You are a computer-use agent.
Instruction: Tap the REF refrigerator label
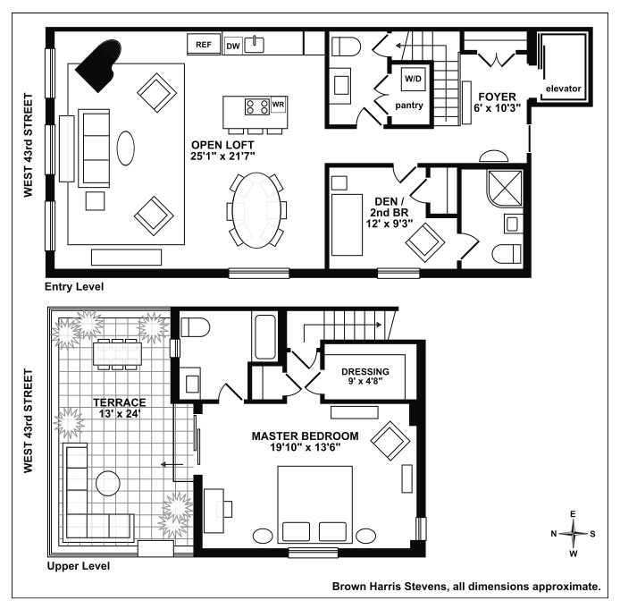(x=203, y=44)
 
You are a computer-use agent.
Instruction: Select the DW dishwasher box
(x=233, y=45)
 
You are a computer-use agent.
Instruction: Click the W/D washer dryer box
(x=413, y=78)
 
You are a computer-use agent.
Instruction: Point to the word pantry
(x=414, y=105)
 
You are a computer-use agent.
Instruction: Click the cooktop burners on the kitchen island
(x=256, y=107)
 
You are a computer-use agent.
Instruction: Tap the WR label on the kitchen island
(x=278, y=104)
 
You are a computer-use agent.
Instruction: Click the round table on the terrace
(x=109, y=479)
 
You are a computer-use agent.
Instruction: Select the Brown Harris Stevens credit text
(x=465, y=587)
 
